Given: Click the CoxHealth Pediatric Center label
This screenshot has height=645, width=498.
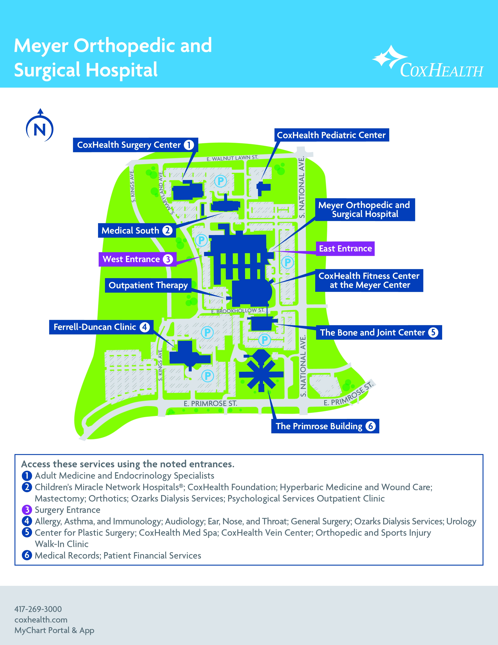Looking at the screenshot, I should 331,135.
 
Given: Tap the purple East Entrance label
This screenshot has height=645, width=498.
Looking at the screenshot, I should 345,249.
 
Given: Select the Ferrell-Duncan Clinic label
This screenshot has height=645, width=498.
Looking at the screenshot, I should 101,327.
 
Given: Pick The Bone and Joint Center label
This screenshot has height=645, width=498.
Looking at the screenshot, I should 379,332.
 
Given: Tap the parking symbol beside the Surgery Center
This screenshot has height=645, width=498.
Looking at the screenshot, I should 220,181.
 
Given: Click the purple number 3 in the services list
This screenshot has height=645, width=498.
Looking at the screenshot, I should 27,510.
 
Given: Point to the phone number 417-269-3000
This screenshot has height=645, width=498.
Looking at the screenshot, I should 38,609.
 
